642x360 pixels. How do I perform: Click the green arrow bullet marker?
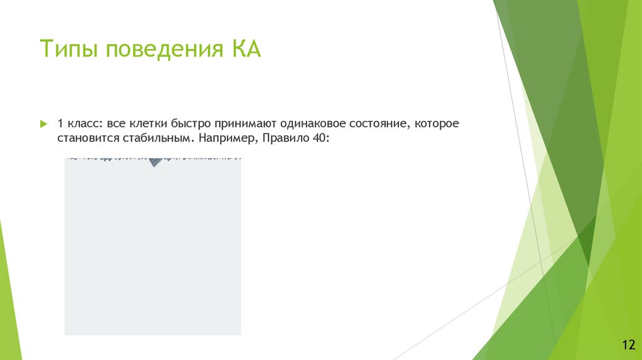44,124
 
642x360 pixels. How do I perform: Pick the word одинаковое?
312,124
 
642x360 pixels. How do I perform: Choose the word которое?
438,124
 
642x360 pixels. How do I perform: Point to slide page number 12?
628,344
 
